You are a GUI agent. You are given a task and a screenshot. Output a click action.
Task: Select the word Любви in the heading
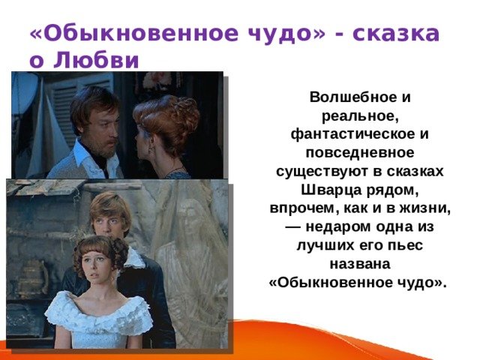(97, 60)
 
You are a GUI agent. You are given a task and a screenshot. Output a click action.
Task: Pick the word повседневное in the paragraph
(360, 153)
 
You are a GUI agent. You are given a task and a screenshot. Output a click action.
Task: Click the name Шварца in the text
(331, 190)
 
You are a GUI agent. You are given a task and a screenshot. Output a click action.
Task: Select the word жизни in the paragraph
(424, 208)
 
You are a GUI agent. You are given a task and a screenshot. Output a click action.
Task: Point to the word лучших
(325, 245)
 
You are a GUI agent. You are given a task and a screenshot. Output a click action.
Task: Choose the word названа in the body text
(360, 264)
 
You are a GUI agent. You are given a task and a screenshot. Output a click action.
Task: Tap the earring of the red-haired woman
(151, 150)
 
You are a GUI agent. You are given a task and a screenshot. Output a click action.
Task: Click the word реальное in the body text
(360, 116)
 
